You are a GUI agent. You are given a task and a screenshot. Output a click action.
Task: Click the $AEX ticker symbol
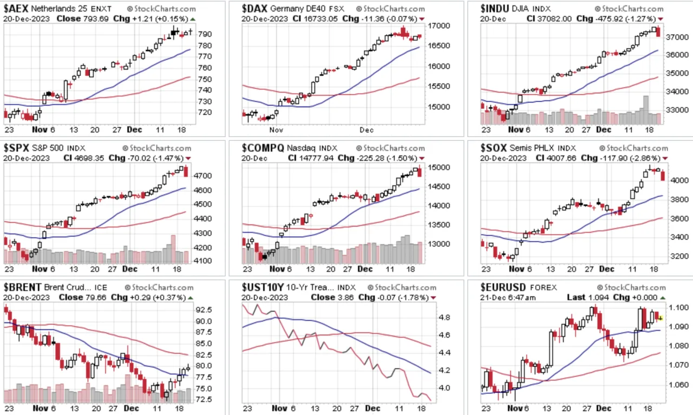(16, 8)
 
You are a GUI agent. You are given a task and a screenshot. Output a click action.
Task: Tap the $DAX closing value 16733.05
(320, 19)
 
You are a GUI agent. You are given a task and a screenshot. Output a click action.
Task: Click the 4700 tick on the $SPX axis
(202, 176)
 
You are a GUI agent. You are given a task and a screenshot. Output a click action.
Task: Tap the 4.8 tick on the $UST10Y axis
(444, 317)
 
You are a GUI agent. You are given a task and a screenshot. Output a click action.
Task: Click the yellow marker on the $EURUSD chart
(661, 318)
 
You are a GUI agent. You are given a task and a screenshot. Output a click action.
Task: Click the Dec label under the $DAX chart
(367, 130)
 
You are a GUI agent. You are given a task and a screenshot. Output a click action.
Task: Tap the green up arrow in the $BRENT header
(191, 298)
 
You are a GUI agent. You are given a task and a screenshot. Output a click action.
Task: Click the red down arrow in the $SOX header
(665, 159)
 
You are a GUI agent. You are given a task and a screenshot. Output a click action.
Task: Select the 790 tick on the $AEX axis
(205, 34)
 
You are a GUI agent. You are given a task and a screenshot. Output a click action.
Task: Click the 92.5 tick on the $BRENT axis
(204, 310)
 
